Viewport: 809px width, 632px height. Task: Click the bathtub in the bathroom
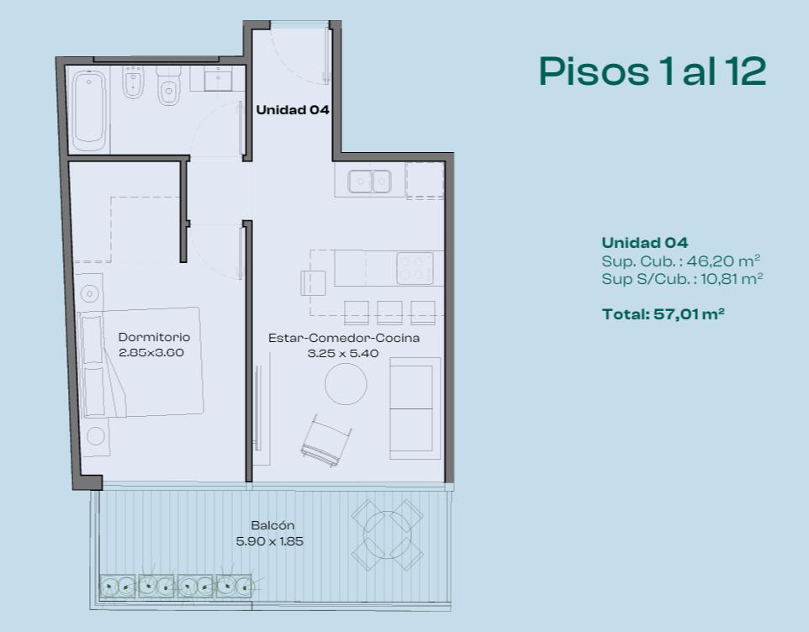click(89, 109)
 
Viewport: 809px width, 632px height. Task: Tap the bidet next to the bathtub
click(133, 82)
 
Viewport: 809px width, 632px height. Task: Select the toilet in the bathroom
click(168, 86)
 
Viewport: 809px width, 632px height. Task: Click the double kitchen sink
click(369, 182)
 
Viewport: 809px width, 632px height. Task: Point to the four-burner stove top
click(415, 268)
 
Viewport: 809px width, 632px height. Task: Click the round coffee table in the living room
click(346, 384)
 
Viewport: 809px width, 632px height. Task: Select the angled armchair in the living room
click(326, 440)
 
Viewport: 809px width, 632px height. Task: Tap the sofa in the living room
click(415, 408)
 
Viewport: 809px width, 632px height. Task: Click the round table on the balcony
click(387, 535)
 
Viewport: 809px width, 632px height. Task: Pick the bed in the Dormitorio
click(140, 362)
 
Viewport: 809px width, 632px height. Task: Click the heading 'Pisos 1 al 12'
click(652, 71)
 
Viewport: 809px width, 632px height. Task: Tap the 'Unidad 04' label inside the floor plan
click(293, 110)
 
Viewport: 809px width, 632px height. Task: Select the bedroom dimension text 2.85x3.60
click(151, 353)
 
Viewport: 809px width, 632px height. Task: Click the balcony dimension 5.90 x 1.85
click(269, 541)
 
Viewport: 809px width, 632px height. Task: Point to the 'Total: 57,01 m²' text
click(663, 314)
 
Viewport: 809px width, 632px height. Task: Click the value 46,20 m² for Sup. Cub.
click(723, 261)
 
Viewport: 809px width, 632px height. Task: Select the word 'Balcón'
click(273, 525)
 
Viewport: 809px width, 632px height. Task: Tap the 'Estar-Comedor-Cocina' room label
click(344, 338)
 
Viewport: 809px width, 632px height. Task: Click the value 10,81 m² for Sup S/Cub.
click(732, 279)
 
